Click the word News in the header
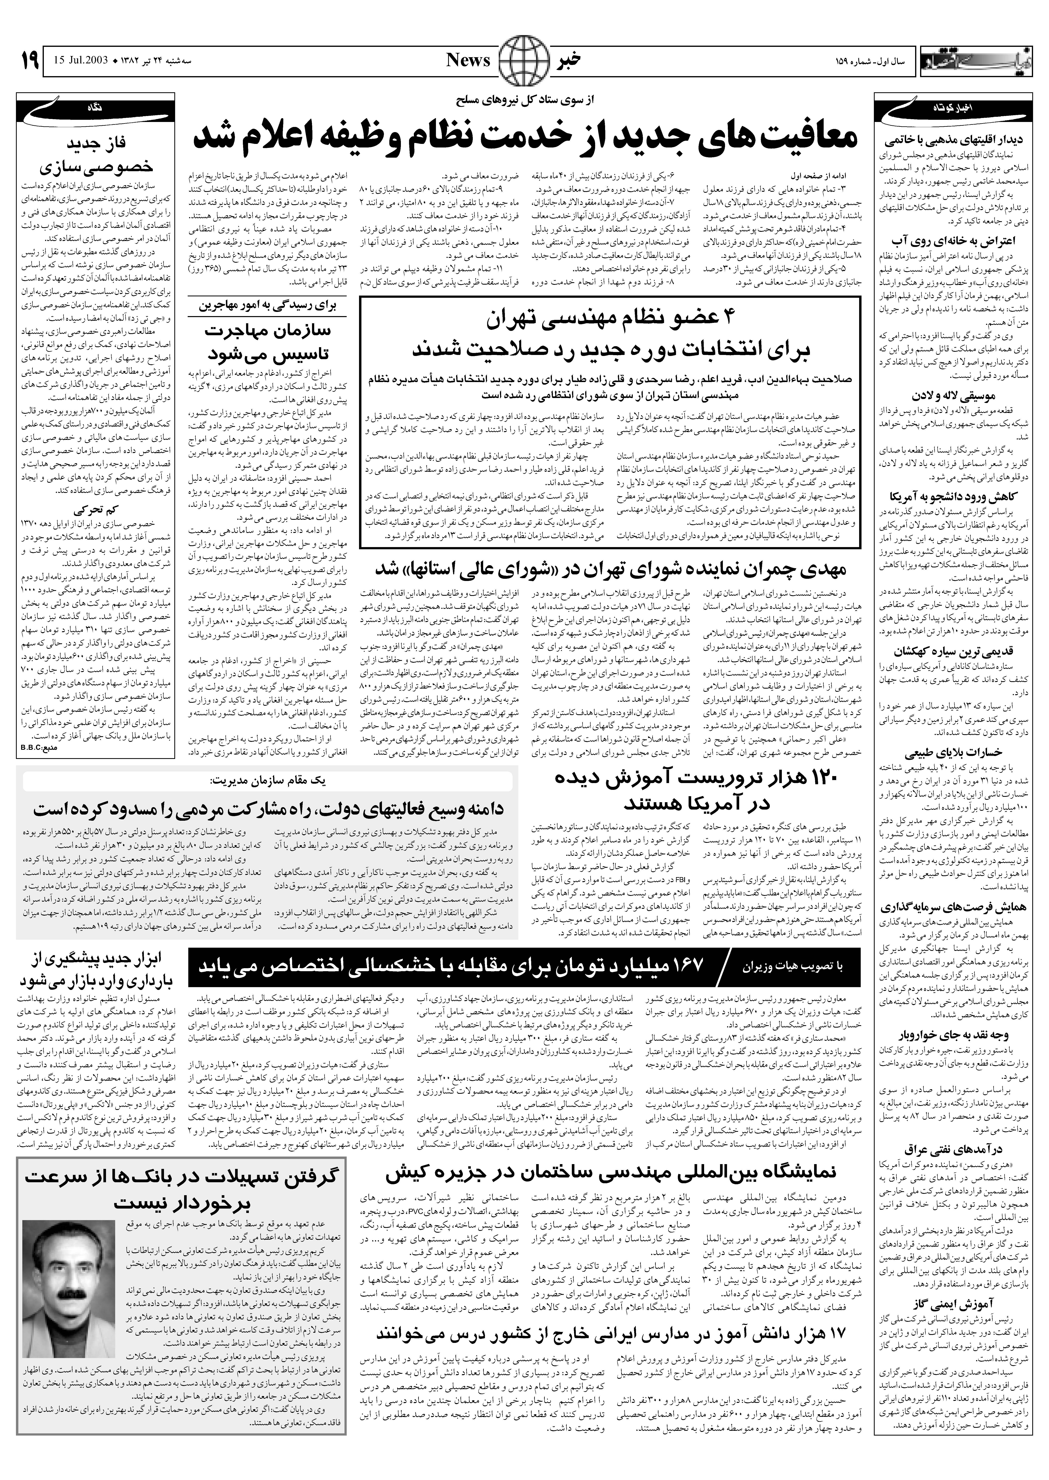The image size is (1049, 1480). click(468, 61)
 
